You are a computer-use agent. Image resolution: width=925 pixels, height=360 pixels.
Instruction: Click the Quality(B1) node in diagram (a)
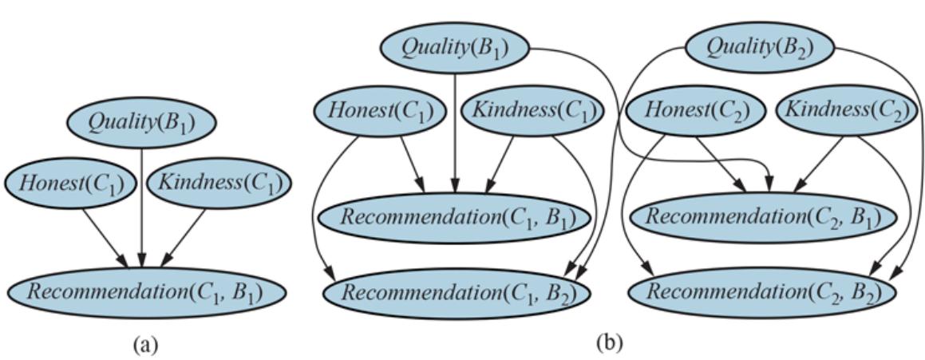[141, 123]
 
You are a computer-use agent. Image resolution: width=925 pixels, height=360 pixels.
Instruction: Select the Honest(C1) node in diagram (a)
[69, 184]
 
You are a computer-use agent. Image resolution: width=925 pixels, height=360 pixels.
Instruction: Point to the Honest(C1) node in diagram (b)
[381, 111]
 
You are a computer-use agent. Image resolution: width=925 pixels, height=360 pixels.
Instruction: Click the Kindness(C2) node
[847, 111]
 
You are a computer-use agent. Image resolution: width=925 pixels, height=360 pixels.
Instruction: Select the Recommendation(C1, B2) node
[458, 292]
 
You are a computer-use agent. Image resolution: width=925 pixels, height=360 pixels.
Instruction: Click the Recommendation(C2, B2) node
[764, 292]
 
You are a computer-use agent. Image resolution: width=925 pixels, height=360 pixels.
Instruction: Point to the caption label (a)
[148, 344]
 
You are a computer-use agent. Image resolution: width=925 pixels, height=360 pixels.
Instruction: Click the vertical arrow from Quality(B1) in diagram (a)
[141, 208]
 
